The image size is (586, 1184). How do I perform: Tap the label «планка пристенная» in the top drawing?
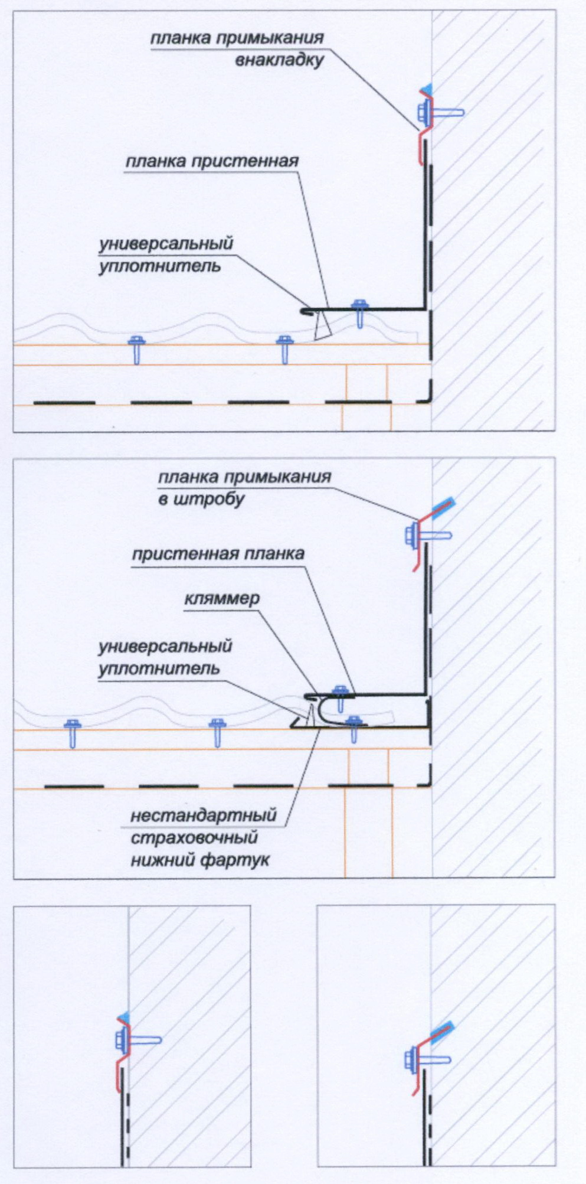pos(212,161)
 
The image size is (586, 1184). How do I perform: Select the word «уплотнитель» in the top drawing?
pos(160,266)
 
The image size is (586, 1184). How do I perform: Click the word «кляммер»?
pos(222,599)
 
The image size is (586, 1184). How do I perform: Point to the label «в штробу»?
pos(201,500)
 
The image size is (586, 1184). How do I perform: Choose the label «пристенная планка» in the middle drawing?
pos(218,554)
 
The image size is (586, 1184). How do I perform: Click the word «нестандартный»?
pos(204,816)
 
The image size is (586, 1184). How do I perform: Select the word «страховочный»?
pos(194,838)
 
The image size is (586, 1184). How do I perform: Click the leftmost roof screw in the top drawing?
pos(137,348)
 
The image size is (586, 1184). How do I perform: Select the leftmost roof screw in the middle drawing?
pos(73,732)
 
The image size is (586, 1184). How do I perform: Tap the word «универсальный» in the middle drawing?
pos(165,647)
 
